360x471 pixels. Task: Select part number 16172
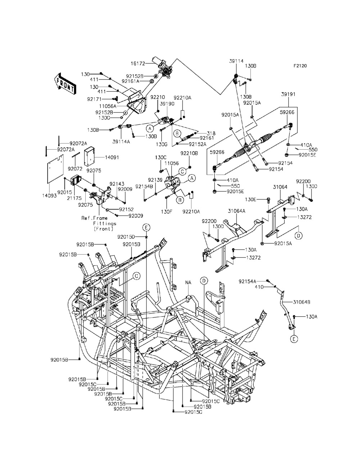[x=138, y=64]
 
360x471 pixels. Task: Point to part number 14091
[x=102, y=158]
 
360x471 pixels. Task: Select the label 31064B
[x=301, y=302]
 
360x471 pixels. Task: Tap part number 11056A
[x=108, y=107]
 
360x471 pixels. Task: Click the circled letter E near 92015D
[x=146, y=227]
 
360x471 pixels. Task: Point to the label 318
[x=201, y=133]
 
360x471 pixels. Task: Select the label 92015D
[x=126, y=237]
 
